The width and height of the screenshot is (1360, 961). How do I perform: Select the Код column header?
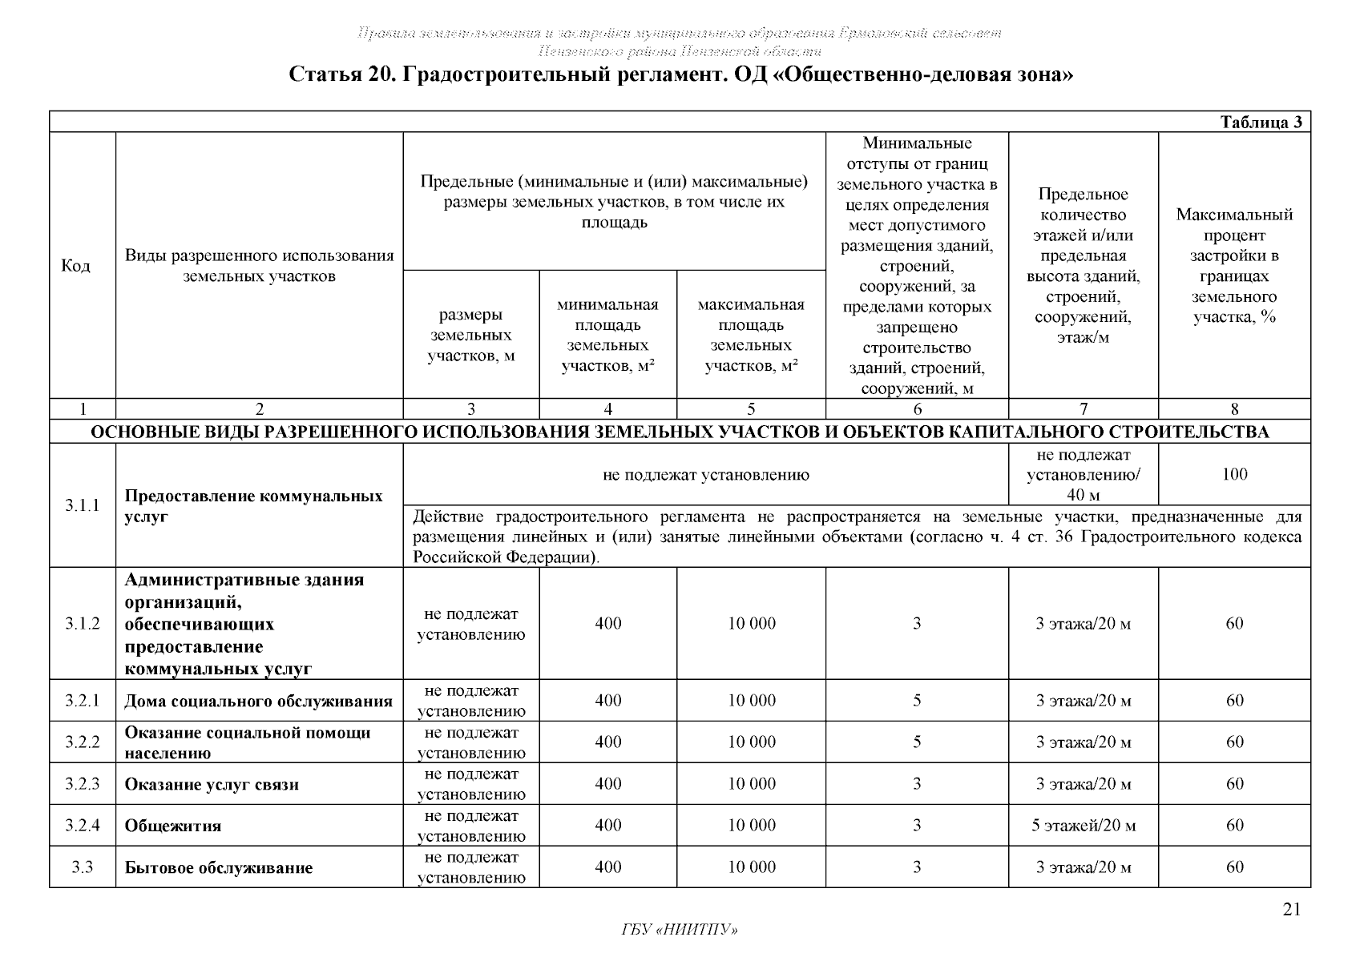coord(75,266)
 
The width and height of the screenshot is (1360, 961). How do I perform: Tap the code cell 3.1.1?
coord(83,505)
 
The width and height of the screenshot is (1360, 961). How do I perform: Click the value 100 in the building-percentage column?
coord(1234,474)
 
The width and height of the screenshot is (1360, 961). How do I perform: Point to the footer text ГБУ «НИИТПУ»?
coord(679,930)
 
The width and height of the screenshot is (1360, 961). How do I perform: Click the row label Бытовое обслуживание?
coord(218,867)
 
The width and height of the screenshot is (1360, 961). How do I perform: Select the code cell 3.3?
coord(83,867)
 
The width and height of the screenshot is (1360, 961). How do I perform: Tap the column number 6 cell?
coord(917,409)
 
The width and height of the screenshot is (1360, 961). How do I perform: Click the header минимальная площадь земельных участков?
coord(607,335)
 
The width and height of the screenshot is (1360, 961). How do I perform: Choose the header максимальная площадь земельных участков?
coord(751,335)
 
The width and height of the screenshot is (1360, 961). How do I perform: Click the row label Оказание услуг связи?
coord(212,784)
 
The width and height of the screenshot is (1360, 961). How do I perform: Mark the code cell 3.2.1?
coord(83,701)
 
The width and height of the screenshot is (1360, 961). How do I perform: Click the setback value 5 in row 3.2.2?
coord(917,742)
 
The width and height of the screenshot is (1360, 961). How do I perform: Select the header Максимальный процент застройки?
coord(1234,266)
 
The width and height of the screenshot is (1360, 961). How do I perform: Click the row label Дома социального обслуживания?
coord(258,702)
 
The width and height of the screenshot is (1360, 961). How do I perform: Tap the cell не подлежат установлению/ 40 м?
coord(1083,475)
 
